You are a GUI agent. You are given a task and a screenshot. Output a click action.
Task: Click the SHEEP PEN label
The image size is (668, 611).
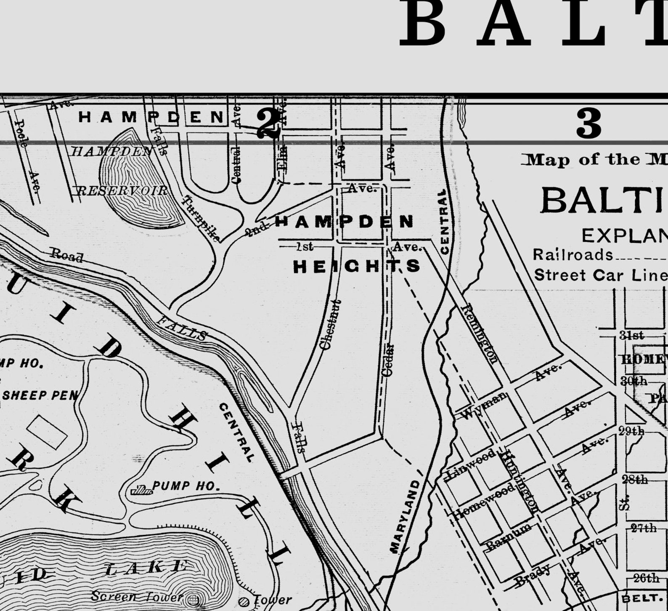(x=40, y=395)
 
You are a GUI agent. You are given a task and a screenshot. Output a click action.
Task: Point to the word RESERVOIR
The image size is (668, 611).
(x=122, y=191)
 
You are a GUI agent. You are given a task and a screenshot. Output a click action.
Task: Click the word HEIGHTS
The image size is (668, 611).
(x=357, y=266)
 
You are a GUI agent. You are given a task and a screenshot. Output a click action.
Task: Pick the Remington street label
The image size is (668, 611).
(x=480, y=333)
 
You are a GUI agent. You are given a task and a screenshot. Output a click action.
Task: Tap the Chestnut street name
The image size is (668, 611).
(x=330, y=325)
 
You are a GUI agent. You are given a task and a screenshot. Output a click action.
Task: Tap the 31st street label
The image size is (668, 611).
(x=631, y=335)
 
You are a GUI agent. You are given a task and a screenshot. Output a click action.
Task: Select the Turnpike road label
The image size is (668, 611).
(x=200, y=219)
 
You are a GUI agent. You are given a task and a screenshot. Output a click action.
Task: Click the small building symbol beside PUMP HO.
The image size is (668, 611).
(x=141, y=490)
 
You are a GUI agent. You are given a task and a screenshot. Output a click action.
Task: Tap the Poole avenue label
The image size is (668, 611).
(x=21, y=133)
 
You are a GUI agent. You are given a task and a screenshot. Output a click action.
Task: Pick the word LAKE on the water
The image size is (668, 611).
(x=146, y=568)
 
